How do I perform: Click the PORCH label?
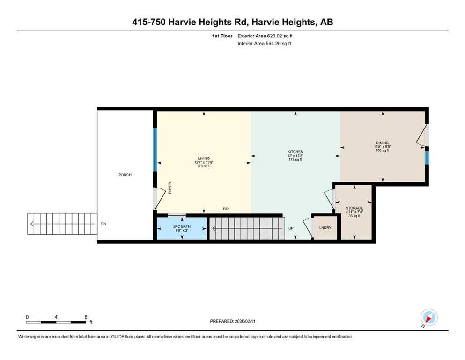tap(125, 175)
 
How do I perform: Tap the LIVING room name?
tap(204, 158)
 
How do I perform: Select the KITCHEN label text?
tap(295, 152)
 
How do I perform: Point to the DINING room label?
tap(382, 142)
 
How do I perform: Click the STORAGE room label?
tap(354, 208)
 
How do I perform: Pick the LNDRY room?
tap(325, 228)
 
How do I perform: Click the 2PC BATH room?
tap(182, 228)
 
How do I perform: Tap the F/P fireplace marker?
tap(226, 209)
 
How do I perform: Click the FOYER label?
tap(170, 188)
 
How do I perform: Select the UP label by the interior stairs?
tap(291, 228)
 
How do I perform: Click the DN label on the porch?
tap(103, 224)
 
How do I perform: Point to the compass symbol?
tap(429, 317)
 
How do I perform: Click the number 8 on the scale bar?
tap(86, 317)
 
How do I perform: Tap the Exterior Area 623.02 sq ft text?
tap(265, 36)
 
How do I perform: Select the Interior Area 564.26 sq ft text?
tap(264, 43)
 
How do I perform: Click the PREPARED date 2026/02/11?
tap(245, 321)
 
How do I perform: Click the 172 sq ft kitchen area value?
tap(295, 160)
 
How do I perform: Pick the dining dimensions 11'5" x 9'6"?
tap(382, 146)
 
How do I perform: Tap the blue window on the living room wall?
tap(155, 150)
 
